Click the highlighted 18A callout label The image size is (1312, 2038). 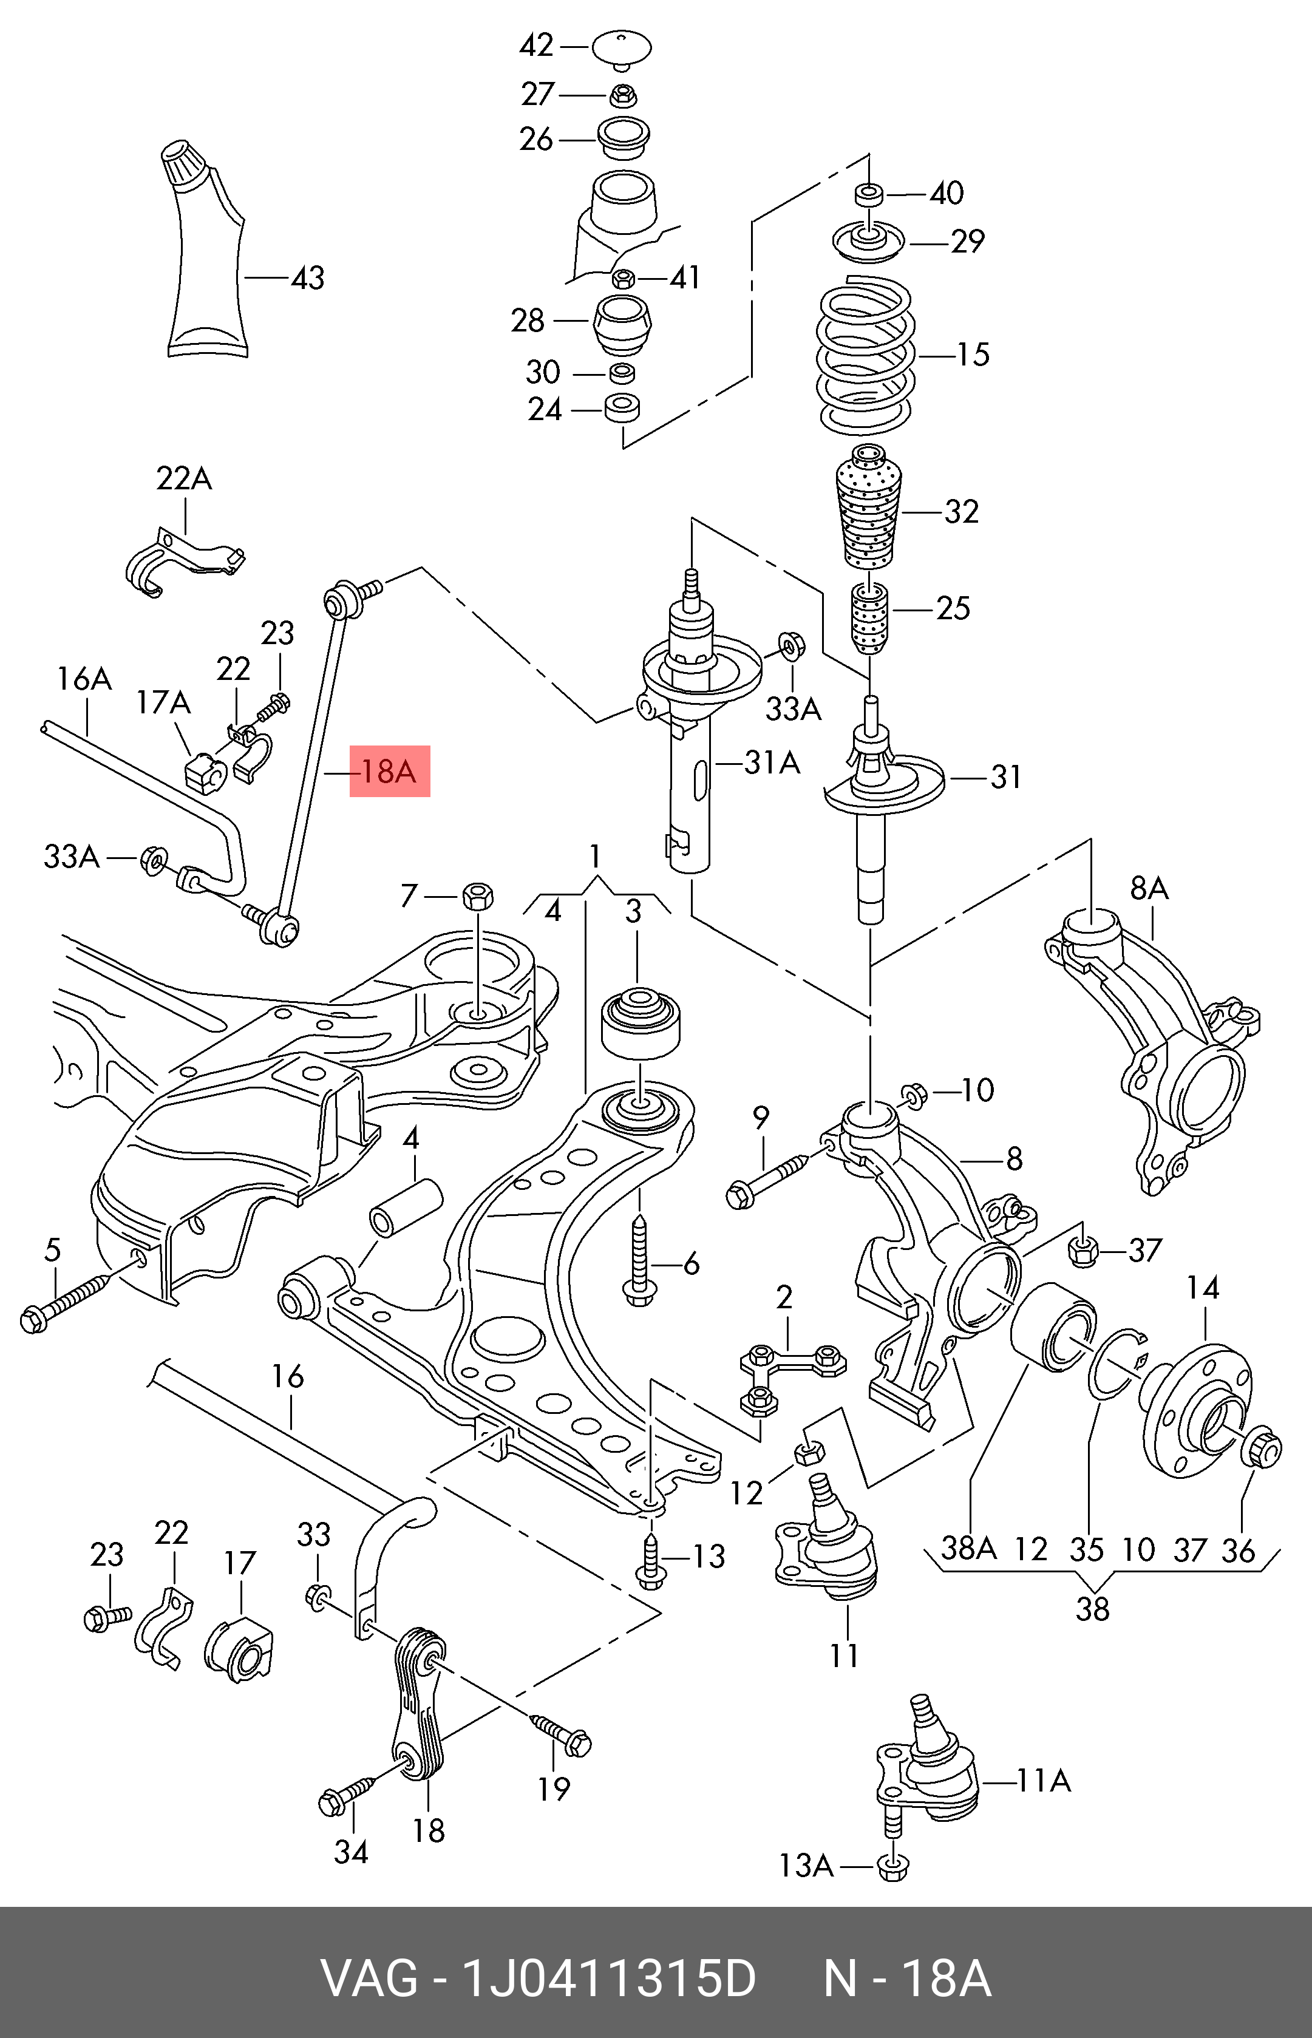[389, 772]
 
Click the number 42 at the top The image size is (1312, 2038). [537, 45]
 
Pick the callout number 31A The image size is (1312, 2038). [772, 763]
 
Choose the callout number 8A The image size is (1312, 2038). [1149, 889]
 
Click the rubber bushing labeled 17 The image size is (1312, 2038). [239, 1648]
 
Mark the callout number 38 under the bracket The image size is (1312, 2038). [1092, 1609]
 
